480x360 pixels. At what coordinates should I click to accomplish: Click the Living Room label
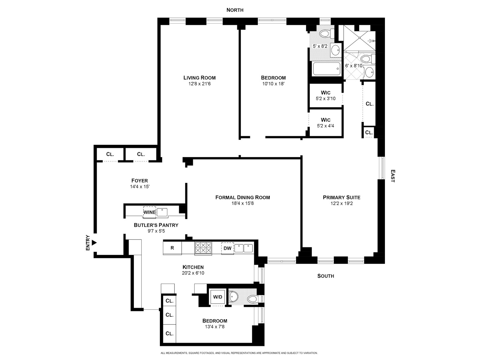pyautogui.click(x=199, y=78)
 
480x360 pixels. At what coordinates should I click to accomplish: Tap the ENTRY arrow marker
pyautogui.click(x=94, y=242)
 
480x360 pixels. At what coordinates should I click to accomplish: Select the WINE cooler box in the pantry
pyautogui.click(x=149, y=212)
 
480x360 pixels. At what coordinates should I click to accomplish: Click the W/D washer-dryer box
pyautogui.click(x=218, y=297)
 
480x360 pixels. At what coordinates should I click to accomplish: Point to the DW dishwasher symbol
pyautogui.click(x=228, y=248)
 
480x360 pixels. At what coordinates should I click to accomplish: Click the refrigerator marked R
pyautogui.click(x=172, y=248)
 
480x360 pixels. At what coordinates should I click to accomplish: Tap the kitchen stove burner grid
pyautogui.click(x=203, y=248)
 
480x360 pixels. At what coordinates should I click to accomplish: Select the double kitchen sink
pyautogui.click(x=244, y=248)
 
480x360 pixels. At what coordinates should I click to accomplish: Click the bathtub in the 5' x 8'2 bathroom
pyautogui.click(x=327, y=69)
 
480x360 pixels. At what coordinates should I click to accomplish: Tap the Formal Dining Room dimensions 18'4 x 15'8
pyautogui.click(x=242, y=203)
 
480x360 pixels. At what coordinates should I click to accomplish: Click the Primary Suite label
pyautogui.click(x=341, y=197)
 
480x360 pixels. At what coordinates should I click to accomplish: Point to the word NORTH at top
pyautogui.click(x=235, y=10)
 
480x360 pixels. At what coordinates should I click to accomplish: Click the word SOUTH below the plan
pyautogui.click(x=325, y=276)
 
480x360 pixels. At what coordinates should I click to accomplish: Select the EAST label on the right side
pyautogui.click(x=392, y=176)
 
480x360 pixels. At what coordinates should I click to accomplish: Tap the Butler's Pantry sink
pyautogui.click(x=162, y=212)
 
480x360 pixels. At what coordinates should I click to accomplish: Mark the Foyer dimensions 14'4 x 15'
pyautogui.click(x=140, y=187)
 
